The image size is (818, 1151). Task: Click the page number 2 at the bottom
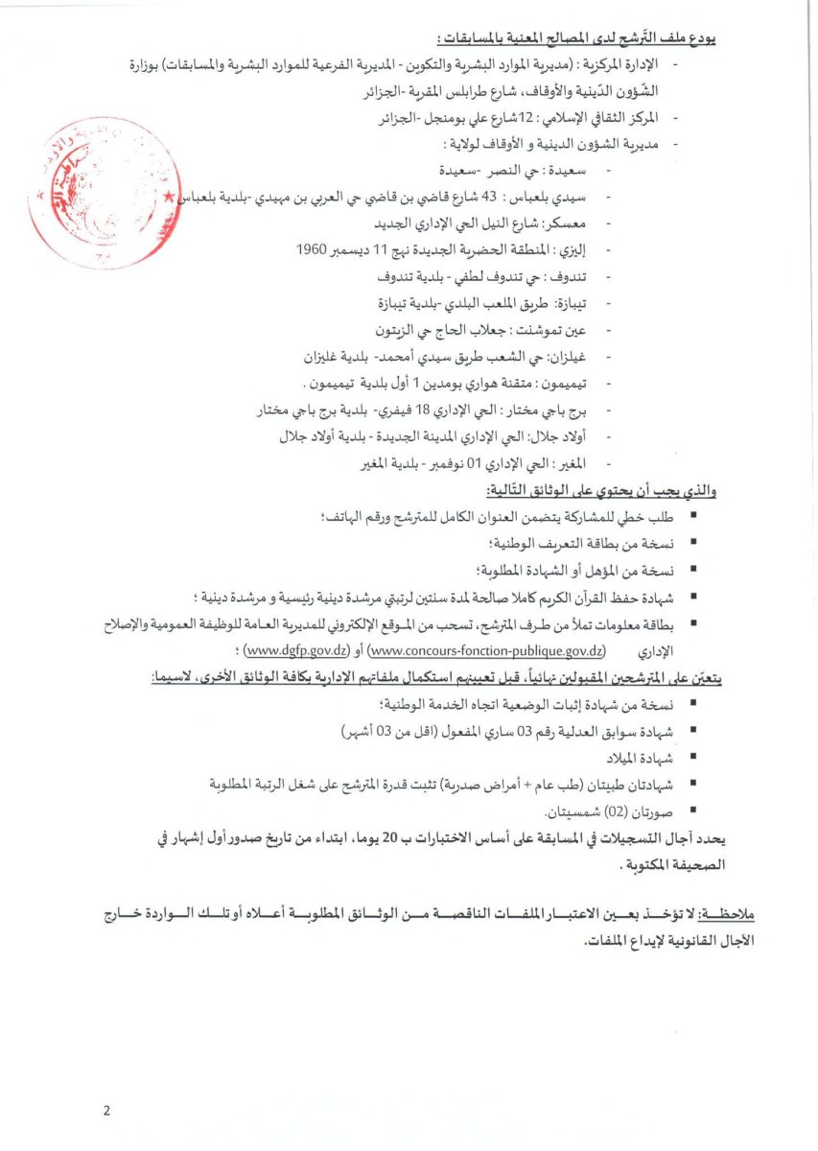(x=106, y=1111)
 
